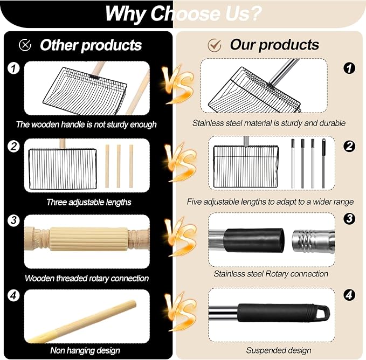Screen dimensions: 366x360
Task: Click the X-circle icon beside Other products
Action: pyautogui.click(x=25, y=45)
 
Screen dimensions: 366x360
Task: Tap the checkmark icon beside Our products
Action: pyautogui.click(x=215, y=45)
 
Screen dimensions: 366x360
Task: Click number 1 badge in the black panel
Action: pyautogui.click(x=13, y=68)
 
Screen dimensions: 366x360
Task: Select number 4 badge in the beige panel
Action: pyautogui.click(x=349, y=295)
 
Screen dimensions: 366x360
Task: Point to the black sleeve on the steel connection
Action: pyautogui.click(x=254, y=240)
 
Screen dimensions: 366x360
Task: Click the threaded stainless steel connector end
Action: pyautogui.click(x=313, y=241)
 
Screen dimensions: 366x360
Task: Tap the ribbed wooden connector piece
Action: pyautogui.click(x=89, y=239)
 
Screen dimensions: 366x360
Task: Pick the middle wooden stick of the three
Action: pyautogui.click(x=119, y=166)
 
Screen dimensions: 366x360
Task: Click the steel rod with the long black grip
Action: pyautogui.click(x=324, y=163)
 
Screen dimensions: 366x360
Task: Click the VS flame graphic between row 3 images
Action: pyautogui.click(x=181, y=237)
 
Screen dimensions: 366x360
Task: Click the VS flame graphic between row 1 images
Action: pyautogui.click(x=178, y=85)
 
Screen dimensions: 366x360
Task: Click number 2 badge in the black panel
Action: pyautogui.click(x=13, y=146)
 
